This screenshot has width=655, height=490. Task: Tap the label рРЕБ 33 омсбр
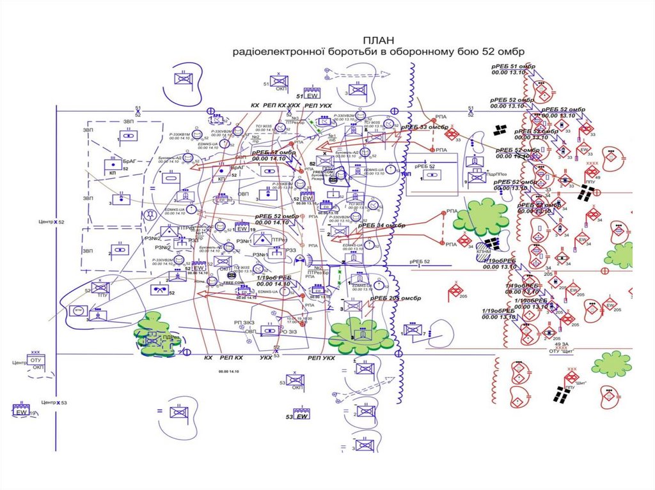pyautogui.click(x=424, y=127)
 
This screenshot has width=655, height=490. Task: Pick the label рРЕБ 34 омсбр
pyautogui.click(x=382, y=226)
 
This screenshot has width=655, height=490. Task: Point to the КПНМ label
pyautogui.click(x=484, y=254)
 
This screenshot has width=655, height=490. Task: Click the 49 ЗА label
pyautogui.click(x=562, y=344)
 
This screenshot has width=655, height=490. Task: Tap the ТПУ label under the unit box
pyautogui.click(x=102, y=296)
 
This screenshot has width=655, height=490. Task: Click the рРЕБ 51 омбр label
pyautogui.click(x=512, y=66)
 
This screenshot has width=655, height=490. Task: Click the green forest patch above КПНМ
pyautogui.click(x=481, y=217)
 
